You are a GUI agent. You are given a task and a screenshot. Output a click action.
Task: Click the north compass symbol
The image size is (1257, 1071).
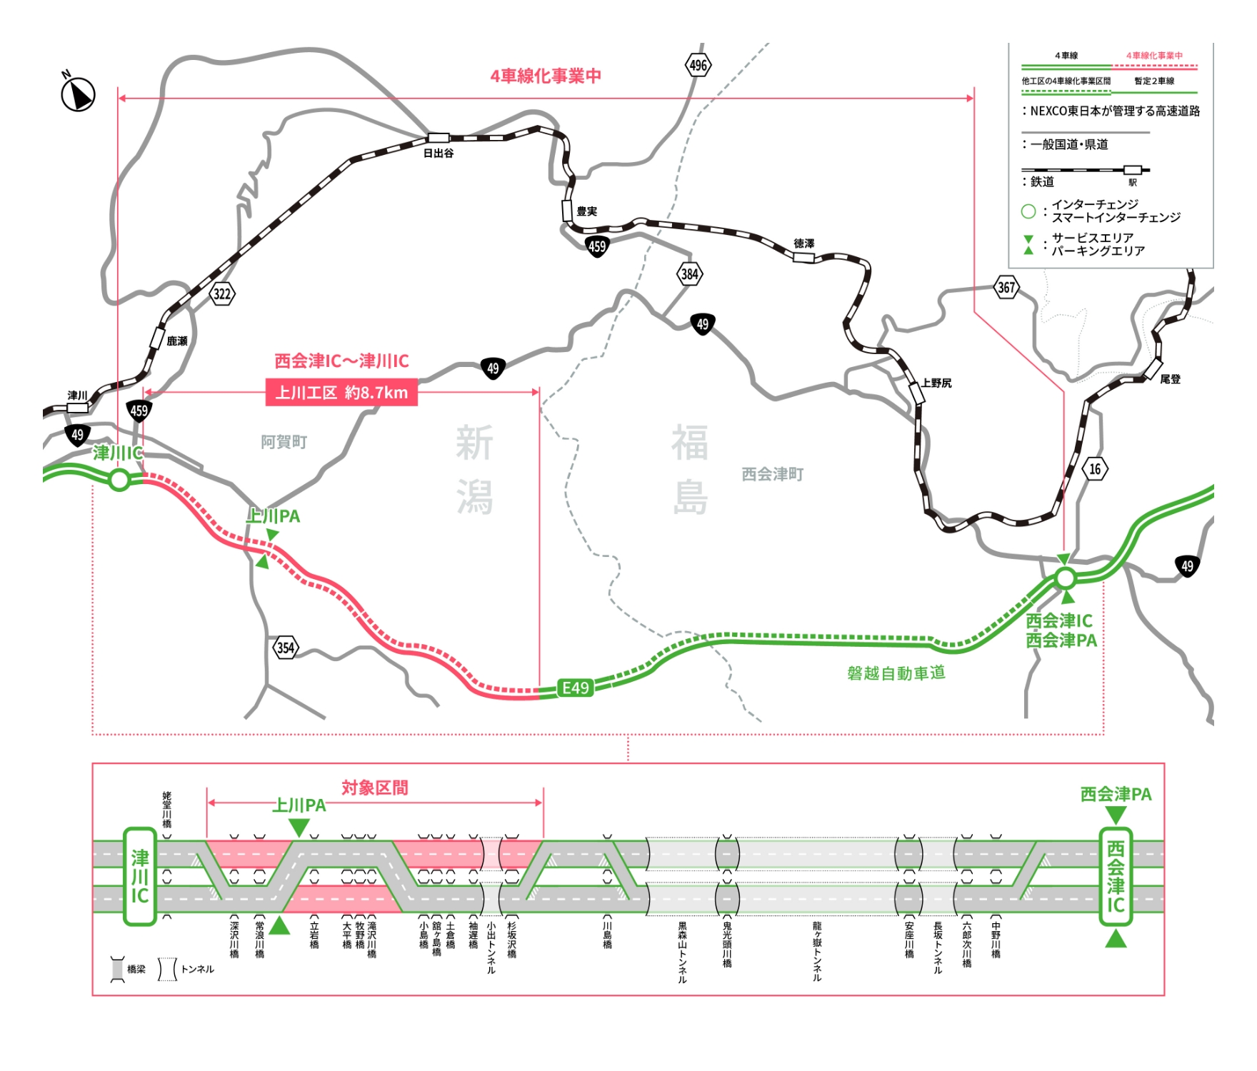coord(78,94)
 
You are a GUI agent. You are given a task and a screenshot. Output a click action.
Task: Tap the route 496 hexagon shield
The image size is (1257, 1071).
coord(698,66)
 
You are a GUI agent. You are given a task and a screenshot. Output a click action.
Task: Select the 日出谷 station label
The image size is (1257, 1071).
coord(439,154)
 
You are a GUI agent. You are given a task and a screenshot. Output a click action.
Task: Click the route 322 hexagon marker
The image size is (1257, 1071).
coord(222,293)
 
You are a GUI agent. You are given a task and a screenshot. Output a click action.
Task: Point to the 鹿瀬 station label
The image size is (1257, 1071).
coord(177,341)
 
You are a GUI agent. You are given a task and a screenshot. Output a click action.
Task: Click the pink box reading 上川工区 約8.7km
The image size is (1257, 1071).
coord(341,393)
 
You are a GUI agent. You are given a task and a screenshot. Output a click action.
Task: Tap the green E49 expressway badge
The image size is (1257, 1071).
coord(576,688)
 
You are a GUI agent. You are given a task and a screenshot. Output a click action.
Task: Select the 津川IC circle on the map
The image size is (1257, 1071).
coord(119,480)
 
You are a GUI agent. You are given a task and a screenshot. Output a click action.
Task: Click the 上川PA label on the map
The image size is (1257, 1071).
coord(273,516)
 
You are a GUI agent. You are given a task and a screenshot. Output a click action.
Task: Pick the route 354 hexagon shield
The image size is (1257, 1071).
coord(286,648)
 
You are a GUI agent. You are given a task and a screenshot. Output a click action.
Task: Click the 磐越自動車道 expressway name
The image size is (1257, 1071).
coord(896,673)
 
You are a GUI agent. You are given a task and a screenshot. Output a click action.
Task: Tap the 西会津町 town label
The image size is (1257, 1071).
coord(772,474)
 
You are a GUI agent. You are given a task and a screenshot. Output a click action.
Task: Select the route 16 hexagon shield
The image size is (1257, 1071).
coord(1095,469)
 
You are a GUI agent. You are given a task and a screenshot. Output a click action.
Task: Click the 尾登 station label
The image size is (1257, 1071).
coord(1170,379)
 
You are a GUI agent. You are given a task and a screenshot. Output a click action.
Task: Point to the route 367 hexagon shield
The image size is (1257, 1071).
coord(1006,288)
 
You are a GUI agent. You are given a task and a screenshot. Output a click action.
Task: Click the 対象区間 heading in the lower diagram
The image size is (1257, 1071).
coord(375,788)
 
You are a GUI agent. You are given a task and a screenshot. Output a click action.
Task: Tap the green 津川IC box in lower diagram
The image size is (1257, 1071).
coord(140,876)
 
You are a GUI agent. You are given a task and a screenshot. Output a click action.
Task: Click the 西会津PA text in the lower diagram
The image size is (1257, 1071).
coord(1116,794)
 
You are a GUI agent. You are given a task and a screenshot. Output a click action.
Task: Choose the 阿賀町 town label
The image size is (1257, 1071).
coord(284,442)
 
